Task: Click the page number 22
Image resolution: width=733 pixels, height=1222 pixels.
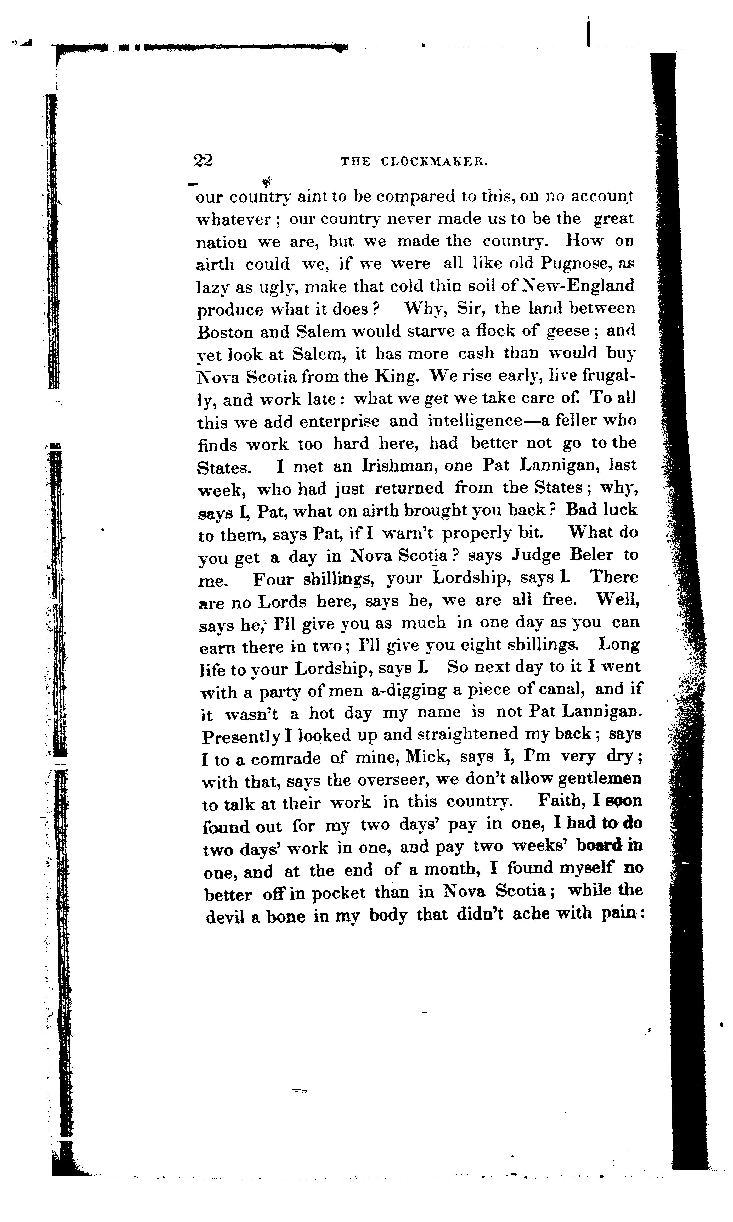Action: coord(203,160)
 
